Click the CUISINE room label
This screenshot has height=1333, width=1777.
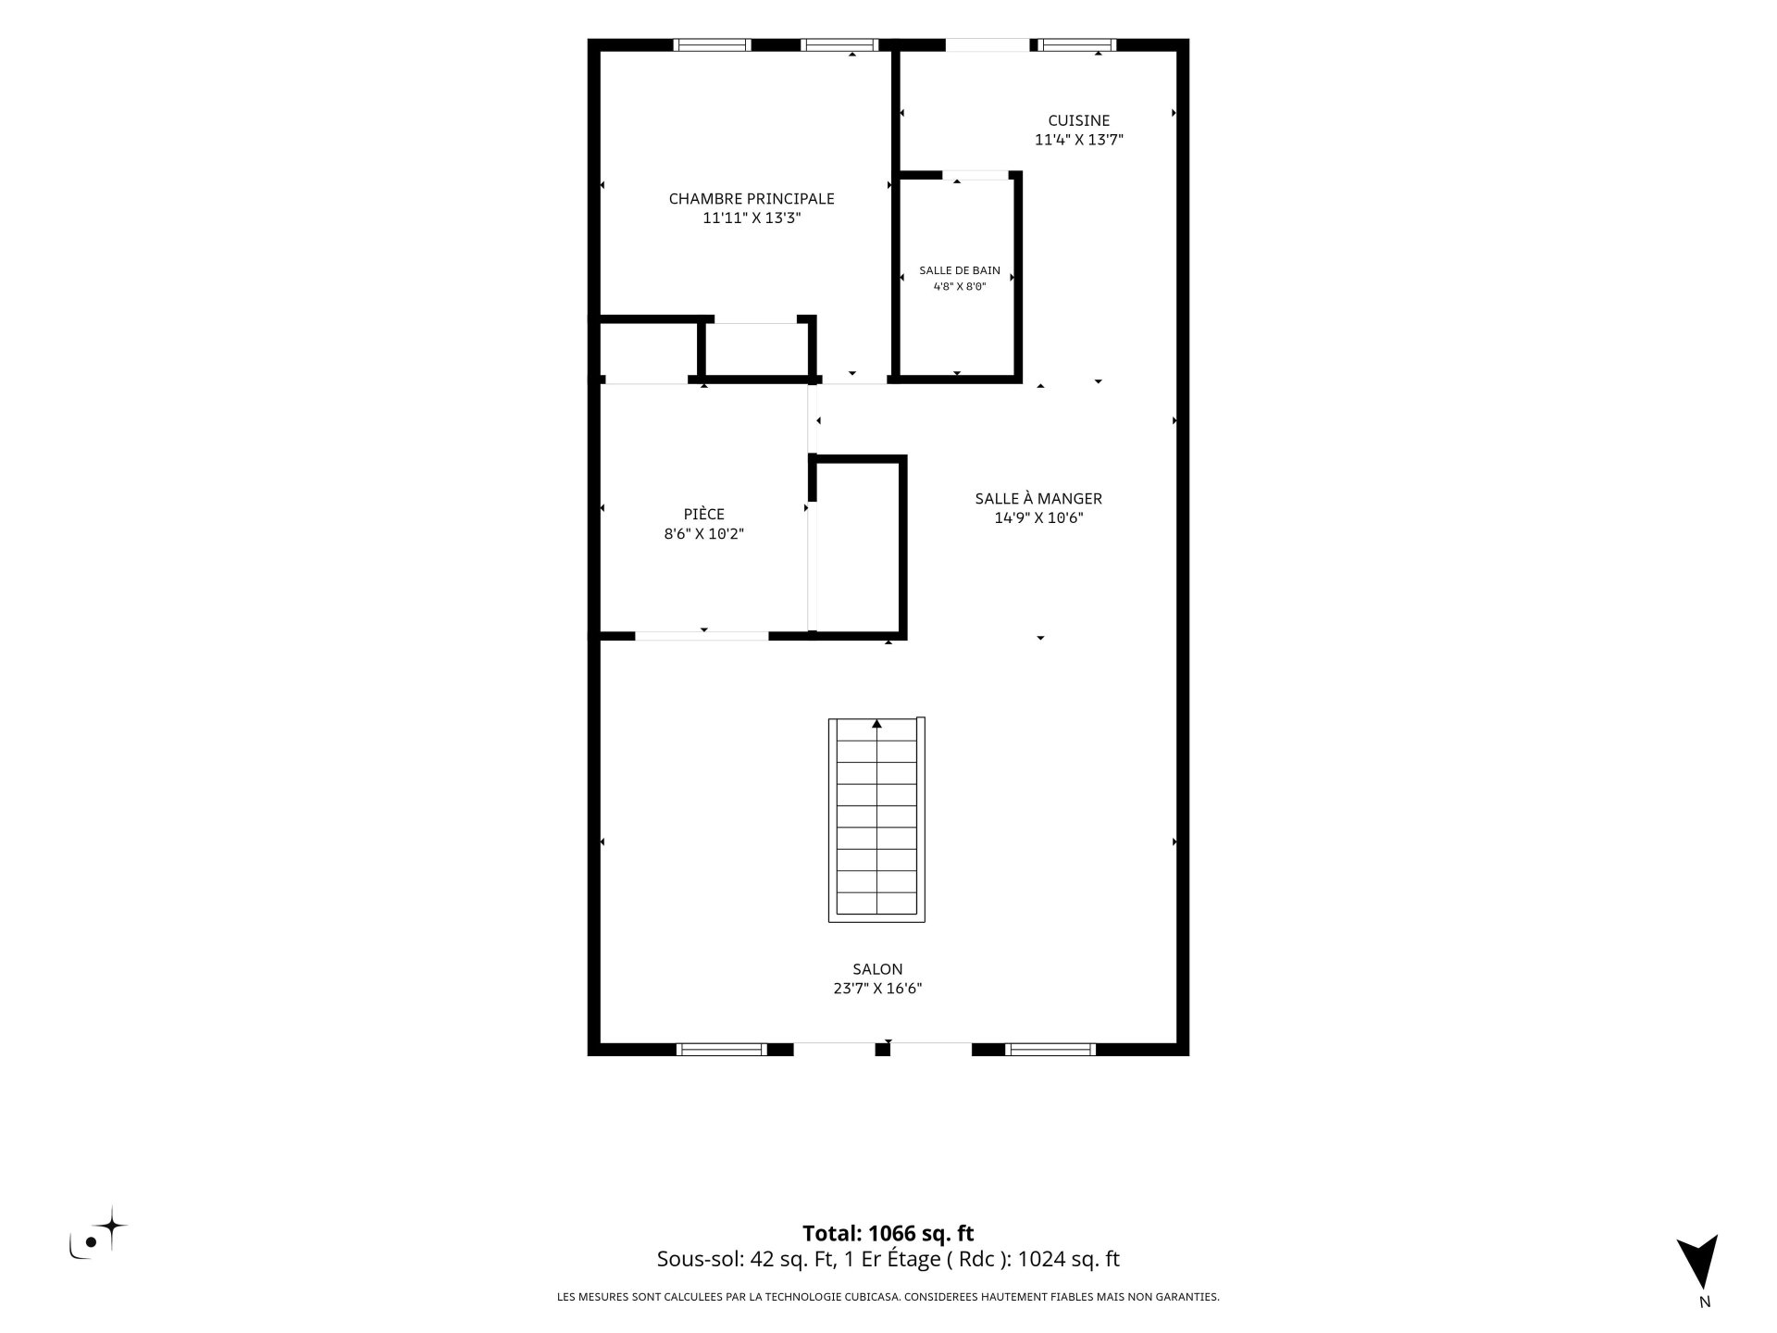pos(1078,120)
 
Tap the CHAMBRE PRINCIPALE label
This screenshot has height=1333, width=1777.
pos(752,199)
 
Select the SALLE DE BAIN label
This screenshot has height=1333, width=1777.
pos(960,270)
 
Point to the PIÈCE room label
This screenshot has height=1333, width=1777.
pos(704,514)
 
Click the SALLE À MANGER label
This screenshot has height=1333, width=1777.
pos(1038,498)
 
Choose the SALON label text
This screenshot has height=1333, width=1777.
pos(877,969)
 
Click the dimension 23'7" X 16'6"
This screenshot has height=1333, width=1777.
pos(877,989)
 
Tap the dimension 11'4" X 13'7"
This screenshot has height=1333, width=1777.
pos(1078,141)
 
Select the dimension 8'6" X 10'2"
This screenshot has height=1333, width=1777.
pos(704,534)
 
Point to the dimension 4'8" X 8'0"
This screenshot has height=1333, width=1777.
pos(960,287)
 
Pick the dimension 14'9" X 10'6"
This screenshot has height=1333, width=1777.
pos(1038,518)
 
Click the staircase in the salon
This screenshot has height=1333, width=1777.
pos(876,819)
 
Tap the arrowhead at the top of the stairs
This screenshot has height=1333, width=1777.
pos(876,724)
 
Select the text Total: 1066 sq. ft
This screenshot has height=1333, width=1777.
pos(888,1233)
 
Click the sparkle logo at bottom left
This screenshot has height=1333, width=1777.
pos(98,1233)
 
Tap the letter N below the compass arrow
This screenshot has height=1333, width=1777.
pos(1705,1302)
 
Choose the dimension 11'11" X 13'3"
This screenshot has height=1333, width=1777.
pos(752,219)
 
